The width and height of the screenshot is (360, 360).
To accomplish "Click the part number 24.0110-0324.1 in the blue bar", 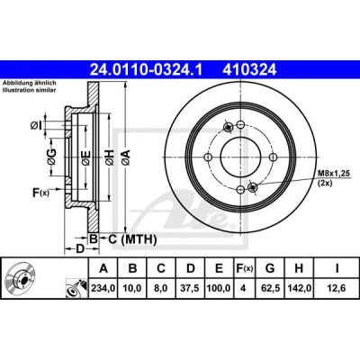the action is point(146,70).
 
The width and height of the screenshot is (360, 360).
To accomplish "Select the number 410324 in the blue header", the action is point(249,70).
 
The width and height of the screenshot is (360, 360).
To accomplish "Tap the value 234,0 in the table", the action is point(103,288).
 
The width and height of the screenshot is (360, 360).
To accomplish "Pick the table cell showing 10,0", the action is point(132,288).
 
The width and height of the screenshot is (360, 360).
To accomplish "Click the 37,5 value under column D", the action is point(191,288).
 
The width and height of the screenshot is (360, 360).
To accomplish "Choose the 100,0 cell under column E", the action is point(219,288).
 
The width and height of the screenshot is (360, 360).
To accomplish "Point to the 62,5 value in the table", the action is point(270,288).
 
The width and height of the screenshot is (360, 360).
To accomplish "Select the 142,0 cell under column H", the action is point(299,288).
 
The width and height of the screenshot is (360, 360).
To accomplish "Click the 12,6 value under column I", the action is point(337,288).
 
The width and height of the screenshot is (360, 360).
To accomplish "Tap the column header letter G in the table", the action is point(270,268).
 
